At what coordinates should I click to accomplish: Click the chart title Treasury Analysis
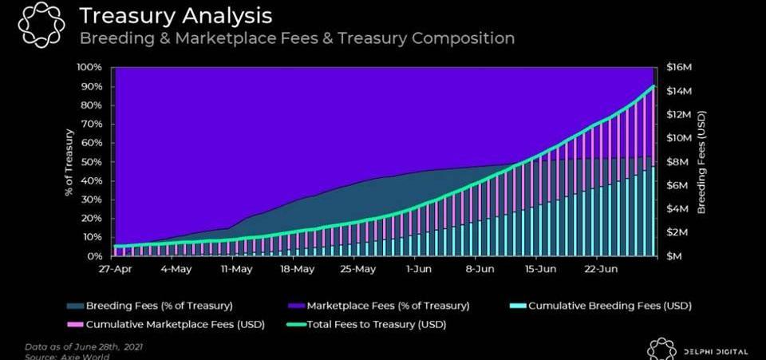176,15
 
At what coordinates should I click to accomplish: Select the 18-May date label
297,270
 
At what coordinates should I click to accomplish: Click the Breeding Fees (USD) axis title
701,161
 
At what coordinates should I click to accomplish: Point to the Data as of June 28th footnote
84,347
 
